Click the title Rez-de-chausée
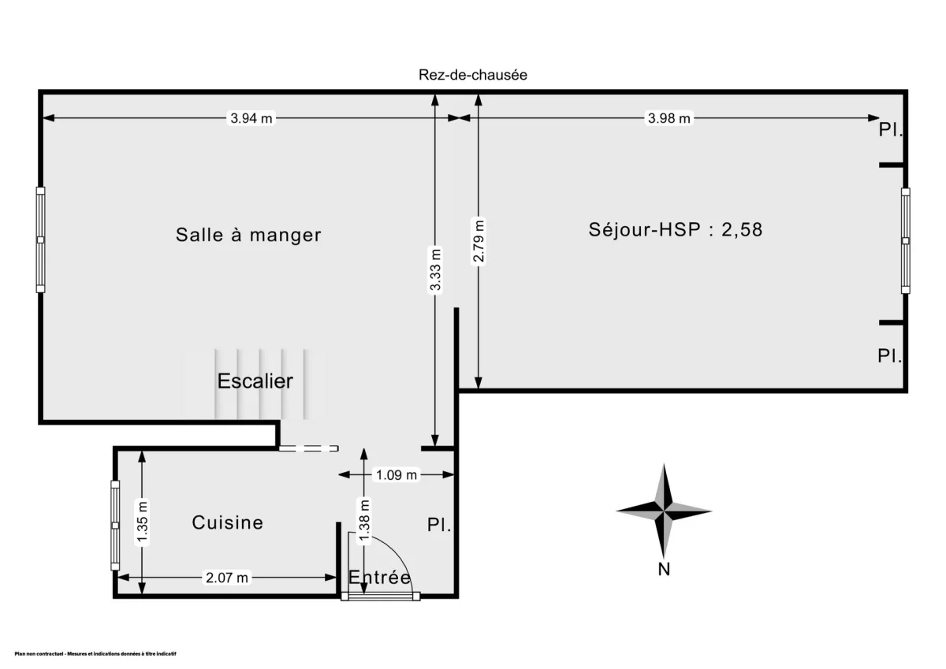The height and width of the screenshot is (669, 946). point(472,75)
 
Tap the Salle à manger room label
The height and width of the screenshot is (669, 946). point(248,235)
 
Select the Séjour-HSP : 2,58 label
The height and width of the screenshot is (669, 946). point(676,230)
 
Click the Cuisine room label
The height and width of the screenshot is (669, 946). point(227,522)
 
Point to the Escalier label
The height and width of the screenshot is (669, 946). point(255,381)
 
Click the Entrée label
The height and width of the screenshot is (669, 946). point(379,578)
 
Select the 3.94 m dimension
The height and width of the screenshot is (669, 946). point(251,119)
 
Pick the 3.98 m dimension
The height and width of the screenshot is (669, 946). point(669,119)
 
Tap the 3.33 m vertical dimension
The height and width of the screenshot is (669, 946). point(435,270)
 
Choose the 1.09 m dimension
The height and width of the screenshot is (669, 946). point(397,475)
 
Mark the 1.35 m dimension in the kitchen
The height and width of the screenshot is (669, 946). point(142,522)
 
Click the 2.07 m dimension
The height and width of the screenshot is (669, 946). point(226,578)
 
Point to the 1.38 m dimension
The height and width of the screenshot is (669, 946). point(363,522)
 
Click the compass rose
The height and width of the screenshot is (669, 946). point(664,511)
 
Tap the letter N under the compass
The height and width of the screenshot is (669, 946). point(664,570)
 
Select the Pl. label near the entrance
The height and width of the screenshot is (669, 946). point(439,525)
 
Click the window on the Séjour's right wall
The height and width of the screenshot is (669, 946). point(905,240)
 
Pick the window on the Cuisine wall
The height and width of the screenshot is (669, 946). point(115,525)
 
